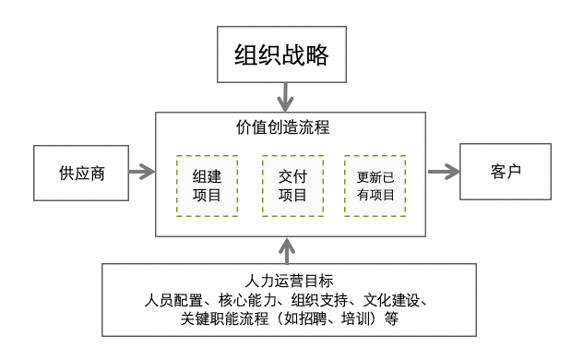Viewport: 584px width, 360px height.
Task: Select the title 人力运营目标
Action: click(x=291, y=280)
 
